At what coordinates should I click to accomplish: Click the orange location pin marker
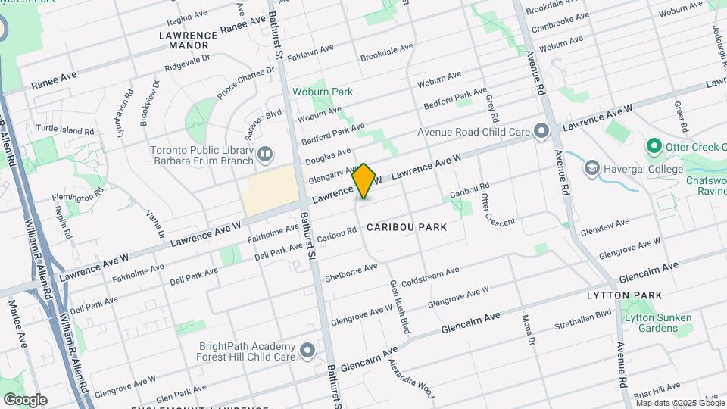click(x=364, y=180)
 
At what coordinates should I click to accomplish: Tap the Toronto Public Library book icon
click(x=264, y=155)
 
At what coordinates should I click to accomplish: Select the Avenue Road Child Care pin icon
click(x=541, y=132)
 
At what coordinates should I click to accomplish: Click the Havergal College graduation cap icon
click(x=591, y=169)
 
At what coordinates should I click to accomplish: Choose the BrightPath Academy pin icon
click(x=307, y=351)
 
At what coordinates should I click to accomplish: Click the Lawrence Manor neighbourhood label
click(x=189, y=40)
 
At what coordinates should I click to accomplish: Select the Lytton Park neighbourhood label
click(x=625, y=295)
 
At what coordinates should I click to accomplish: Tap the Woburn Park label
click(x=323, y=92)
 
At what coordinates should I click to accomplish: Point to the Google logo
click(x=25, y=399)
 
